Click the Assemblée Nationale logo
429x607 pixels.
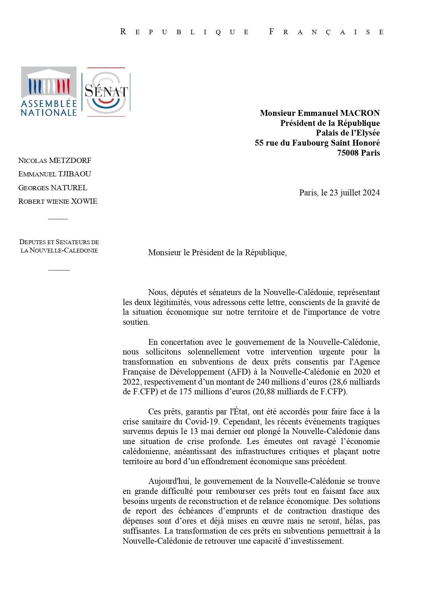49,91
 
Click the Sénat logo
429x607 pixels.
106,92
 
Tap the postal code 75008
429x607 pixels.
348,153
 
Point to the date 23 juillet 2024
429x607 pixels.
355,193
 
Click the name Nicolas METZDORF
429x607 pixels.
55,160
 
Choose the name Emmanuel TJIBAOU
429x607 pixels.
55,174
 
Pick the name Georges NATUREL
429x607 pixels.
53,188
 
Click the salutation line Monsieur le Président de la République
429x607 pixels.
217,252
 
